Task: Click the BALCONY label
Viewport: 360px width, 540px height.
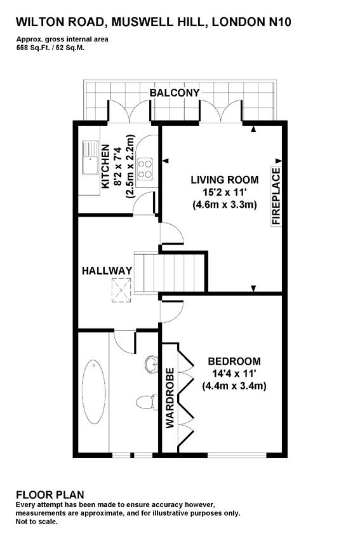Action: click(x=175, y=93)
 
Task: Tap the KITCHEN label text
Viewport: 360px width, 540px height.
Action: click(x=105, y=166)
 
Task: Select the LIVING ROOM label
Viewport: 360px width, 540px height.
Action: click(x=225, y=180)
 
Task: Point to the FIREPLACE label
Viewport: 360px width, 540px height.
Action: click(x=276, y=196)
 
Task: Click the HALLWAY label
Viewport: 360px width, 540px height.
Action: click(x=107, y=271)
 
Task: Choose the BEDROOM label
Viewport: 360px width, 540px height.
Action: click(x=234, y=361)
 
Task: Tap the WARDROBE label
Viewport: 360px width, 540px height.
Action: click(x=170, y=398)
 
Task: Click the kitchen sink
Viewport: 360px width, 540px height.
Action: click(x=90, y=158)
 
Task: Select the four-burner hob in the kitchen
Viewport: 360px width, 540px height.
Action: click(x=145, y=169)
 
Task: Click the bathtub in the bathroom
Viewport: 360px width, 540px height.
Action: click(x=93, y=392)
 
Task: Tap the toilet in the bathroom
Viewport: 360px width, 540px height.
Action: click(x=145, y=402)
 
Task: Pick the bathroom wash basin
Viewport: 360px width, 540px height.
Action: click(x=151, y=365)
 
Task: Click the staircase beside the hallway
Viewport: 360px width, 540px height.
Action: click(x=170, y=273)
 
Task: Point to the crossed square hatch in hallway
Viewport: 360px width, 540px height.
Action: click(x=121, y=290)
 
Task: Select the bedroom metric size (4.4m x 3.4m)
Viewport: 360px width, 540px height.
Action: click(x=234, y=386)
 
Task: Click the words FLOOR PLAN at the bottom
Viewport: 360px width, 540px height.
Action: click(x=50, y=495)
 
